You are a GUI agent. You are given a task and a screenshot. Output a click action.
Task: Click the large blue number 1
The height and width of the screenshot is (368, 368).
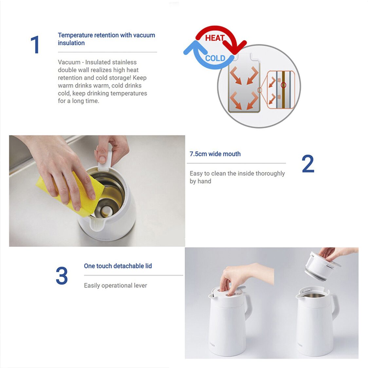click(x=35, y=45)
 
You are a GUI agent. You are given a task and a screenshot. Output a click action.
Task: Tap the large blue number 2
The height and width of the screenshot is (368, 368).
click(x=307, y=164)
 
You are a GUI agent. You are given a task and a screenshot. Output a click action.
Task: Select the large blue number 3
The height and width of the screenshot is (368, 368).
click(x=62, y=276)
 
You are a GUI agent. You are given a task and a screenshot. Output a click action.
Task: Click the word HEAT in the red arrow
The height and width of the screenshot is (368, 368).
click(x=215, y=38)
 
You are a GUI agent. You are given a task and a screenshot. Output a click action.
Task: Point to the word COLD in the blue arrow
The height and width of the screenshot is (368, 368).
click(x=215, y=58)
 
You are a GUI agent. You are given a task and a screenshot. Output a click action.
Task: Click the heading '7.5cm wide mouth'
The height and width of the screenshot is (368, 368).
click(x=215, y=154)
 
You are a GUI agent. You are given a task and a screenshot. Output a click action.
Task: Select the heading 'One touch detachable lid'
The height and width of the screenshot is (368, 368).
click(x=118, y=266)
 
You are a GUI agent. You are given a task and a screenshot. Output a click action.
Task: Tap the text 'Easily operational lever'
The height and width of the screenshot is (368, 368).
click(x=115, y=285)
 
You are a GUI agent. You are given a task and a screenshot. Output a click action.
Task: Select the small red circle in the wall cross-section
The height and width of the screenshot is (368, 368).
click(x=284, y=85)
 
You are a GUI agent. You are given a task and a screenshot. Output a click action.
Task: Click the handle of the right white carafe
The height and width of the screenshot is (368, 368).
click(x=335, y=306)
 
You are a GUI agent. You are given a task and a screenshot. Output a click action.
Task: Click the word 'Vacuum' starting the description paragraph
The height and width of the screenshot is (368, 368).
click(x=69, y=62)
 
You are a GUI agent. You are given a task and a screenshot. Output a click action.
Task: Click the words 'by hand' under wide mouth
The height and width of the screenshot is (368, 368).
click(x=200, y=181)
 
